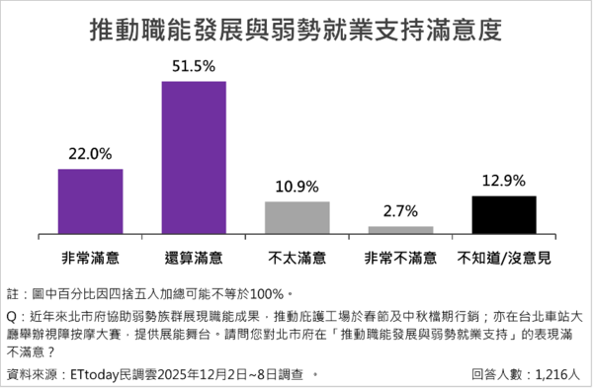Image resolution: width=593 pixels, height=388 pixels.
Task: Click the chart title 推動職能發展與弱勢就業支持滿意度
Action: click(296, 29)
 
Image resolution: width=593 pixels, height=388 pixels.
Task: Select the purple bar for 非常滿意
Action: click(91, 200)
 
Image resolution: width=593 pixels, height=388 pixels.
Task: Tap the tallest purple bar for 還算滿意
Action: click(194, 156)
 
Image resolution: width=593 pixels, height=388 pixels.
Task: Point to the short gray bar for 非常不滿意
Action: click(400, 229)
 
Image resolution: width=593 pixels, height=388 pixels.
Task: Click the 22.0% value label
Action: click(91, 154)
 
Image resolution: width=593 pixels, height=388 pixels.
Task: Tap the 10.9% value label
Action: click(297, 187)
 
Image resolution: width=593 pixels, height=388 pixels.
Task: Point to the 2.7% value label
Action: click(400, 210)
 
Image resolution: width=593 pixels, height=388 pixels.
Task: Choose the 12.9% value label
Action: click(503, 181)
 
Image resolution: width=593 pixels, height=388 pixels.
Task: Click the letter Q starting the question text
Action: click(12, 317)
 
